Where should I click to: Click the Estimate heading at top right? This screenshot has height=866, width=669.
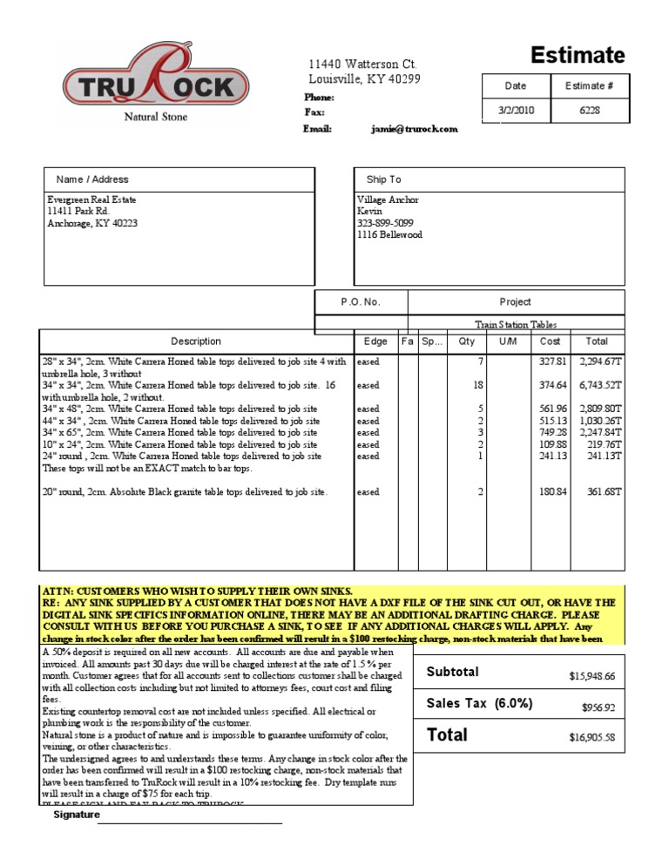coord(578,56)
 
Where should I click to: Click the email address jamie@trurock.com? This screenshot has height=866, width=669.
coord(414,129)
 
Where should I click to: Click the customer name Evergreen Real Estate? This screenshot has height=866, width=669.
coord(91,200)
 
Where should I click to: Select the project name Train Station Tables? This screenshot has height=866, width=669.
coord(516,324)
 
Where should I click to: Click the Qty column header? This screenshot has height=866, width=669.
coord(466,342)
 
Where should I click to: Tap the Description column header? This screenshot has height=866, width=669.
coord(196,342)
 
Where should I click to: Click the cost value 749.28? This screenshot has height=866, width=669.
coord(553,432)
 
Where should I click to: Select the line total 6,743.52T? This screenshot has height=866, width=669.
coord(599,384)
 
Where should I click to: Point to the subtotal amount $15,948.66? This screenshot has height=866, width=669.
coord(591,675)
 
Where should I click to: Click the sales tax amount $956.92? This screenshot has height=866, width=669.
coord(598,707)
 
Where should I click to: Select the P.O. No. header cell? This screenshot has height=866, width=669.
coord(361,301)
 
